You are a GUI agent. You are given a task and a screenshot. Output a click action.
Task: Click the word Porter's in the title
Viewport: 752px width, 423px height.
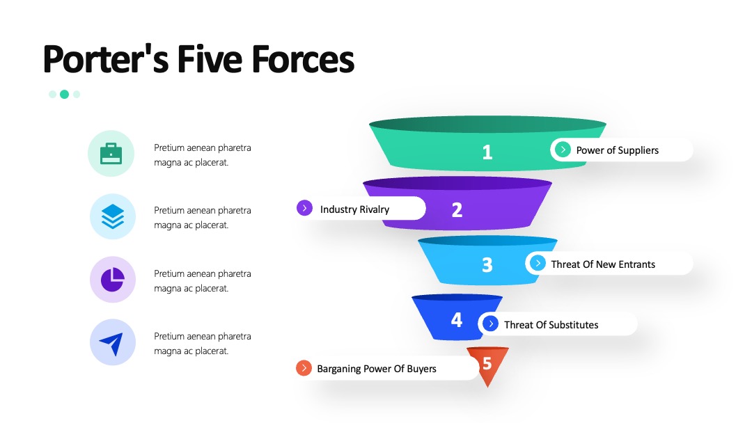coord(106,59)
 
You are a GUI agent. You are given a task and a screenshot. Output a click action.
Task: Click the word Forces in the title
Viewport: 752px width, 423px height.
coord(303,59)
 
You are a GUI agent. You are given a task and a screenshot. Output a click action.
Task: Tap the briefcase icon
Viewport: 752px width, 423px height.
coord(111,153)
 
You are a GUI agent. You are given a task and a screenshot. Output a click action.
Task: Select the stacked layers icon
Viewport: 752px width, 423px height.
coord(113,216)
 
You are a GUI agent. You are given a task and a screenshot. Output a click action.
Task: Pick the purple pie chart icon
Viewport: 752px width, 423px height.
coord(113,279)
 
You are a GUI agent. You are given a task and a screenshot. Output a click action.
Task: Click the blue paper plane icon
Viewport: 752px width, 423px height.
coord(111,343)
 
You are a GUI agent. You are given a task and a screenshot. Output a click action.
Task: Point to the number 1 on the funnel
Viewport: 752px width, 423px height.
coord(487,152)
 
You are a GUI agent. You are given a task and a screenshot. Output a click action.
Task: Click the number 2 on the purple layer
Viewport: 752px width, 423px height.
coord(457,210)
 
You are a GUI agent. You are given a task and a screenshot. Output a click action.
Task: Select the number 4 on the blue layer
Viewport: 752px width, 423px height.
coord(457,319)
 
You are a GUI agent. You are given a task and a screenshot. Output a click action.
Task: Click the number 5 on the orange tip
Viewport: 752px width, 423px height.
coord(487,364)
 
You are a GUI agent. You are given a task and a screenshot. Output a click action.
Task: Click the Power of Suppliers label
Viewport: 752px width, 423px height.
coord(617,150)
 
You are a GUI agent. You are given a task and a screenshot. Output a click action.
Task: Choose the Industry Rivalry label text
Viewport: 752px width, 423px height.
coord(354,209)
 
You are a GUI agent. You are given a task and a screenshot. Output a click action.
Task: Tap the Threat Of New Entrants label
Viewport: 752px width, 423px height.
coord(603,264)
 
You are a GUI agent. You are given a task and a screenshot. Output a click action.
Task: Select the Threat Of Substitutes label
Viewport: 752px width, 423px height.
coord(551,325)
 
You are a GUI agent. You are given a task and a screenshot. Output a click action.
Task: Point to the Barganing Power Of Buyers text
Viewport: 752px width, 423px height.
coord(377,369)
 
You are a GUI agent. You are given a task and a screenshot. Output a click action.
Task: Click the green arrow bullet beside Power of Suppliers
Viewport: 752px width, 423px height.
coord(563,150)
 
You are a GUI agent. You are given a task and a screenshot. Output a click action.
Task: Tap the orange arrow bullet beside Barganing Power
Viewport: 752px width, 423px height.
coord(304,368)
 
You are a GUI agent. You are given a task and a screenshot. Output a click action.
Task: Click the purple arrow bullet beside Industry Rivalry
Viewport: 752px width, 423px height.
coord(304,208)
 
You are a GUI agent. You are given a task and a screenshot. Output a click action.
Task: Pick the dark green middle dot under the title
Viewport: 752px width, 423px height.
coord(64,95)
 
